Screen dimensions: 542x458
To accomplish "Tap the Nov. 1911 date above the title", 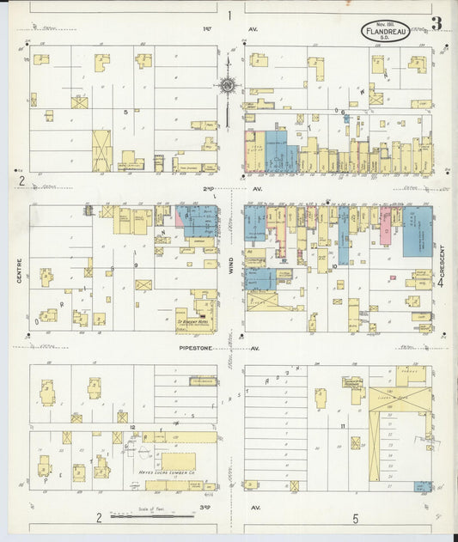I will [386, 25].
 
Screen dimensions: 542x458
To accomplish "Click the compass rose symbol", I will [229, 85].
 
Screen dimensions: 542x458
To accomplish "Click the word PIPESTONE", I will [196, 348].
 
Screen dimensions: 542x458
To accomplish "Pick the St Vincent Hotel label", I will [193, 326].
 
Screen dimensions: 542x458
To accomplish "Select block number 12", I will [133, 427].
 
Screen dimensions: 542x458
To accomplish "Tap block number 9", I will [136, 265].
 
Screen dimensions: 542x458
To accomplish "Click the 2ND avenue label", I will [208, 188].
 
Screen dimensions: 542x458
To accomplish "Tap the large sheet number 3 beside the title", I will [437, 23].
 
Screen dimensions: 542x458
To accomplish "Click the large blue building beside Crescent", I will [418, 230].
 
